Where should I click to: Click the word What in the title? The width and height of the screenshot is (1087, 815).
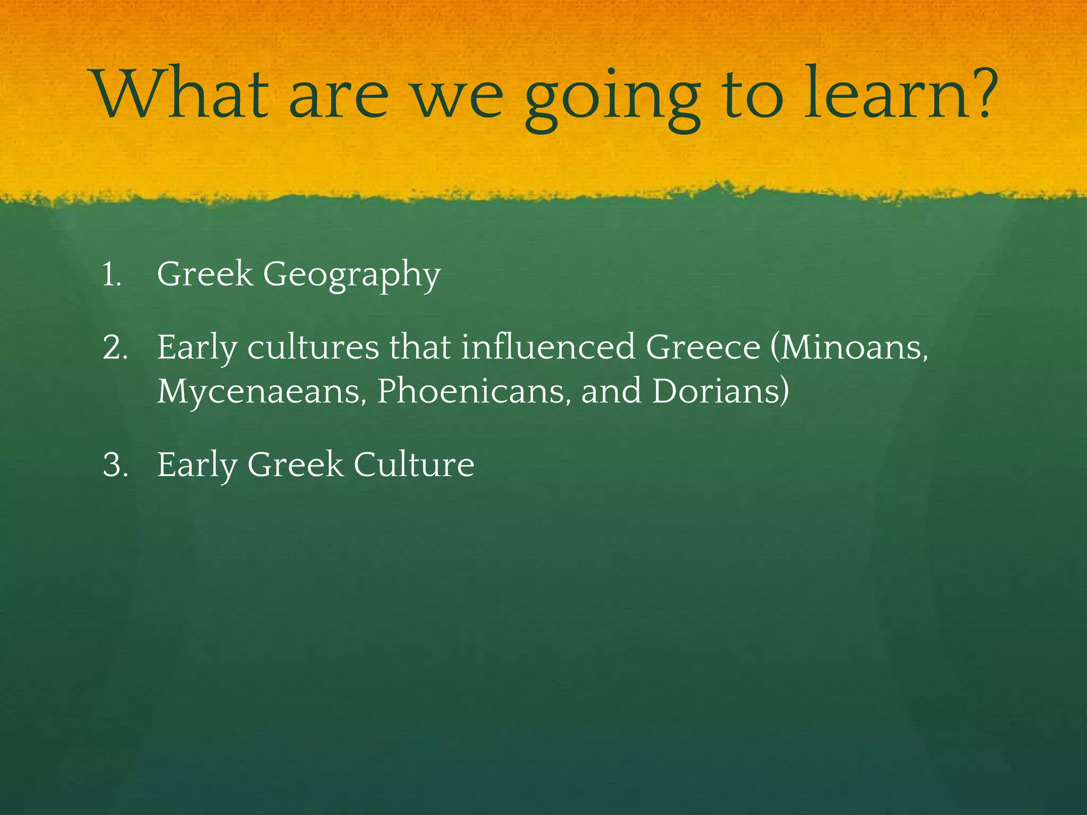(x=181, y=93)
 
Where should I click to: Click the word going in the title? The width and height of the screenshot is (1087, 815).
(x=614, y=98)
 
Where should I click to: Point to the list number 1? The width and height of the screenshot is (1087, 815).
(x=111, y=275)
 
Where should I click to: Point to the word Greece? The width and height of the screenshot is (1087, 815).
(x=703, y=348)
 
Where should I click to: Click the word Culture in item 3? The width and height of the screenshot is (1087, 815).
(x=413, y=465)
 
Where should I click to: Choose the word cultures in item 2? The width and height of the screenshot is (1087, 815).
(x=313, y=348)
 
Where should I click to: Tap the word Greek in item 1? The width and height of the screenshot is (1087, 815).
(x=205, y=274)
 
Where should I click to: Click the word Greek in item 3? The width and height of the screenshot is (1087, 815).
(x=295, y=465)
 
